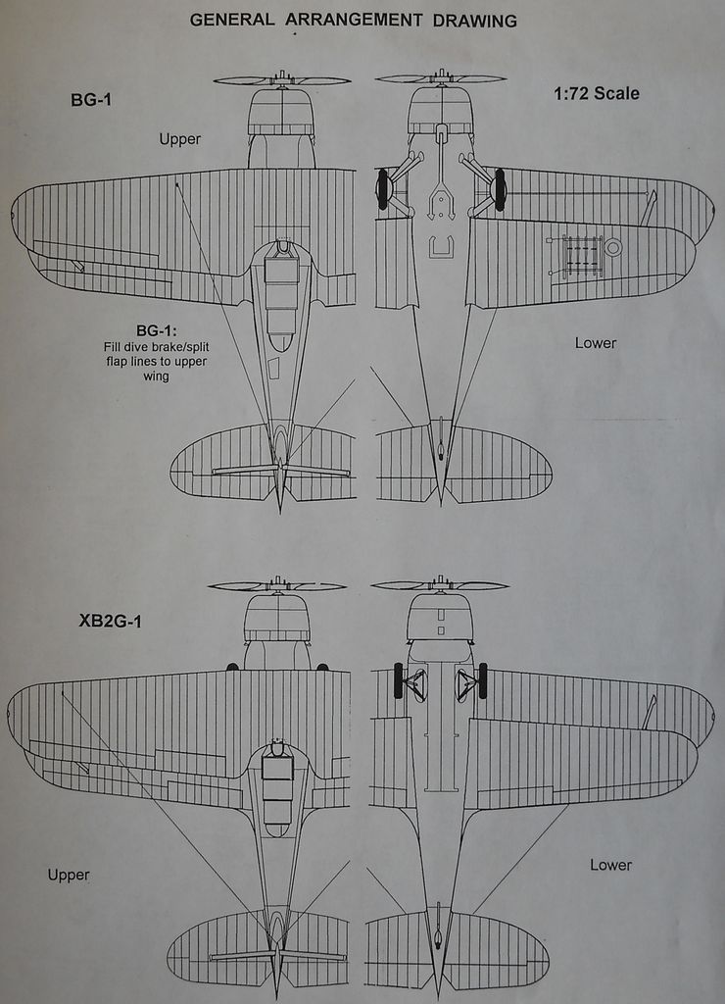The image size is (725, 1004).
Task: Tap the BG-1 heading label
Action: (90, 99)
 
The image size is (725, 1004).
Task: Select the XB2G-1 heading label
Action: (110, 620)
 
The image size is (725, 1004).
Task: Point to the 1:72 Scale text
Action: (596, 94)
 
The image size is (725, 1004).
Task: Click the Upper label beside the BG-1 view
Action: (180, 139)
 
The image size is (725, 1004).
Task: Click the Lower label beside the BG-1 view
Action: (596, 343)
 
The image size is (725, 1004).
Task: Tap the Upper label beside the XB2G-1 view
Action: (69, 875)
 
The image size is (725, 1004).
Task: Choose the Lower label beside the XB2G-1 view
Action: (610, 865)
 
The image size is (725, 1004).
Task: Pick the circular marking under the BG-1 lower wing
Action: (613, 247)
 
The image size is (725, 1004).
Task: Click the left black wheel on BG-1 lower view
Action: (382, 189)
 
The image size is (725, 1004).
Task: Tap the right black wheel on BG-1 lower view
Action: (500, 189)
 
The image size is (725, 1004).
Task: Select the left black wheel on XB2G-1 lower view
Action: (399, 680)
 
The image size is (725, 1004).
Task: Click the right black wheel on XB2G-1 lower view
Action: (482, 680)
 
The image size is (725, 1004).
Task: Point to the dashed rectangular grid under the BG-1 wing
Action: (582, 255)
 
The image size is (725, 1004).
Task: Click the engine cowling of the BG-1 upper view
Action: (281, 112)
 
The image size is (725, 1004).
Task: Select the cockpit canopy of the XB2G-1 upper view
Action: (277, 781)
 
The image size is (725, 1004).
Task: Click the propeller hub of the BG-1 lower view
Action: (441, 76)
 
